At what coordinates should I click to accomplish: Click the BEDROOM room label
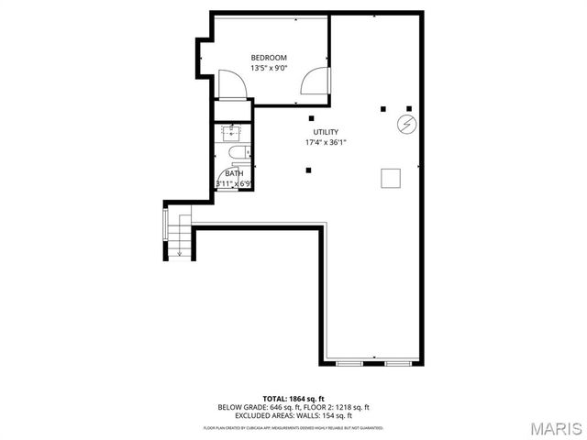point(269,58)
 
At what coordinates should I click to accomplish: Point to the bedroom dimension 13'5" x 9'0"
point(269,68)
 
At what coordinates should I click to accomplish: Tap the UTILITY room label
point(326,132)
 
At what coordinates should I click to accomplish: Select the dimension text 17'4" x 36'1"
point(326,142)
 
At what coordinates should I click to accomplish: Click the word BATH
point(234,173)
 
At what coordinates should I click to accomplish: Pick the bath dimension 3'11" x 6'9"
point(234,183)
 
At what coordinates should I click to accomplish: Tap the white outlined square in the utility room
point(392,177)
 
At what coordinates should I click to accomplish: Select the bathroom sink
point(232,133)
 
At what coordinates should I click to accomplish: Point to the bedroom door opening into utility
point(315,83)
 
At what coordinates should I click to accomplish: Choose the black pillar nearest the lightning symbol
point(408,108)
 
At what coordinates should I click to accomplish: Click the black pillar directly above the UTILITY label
point(312,118)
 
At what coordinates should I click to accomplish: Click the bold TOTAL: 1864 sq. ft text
point(293,398)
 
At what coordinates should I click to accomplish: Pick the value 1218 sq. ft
point(351,406)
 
